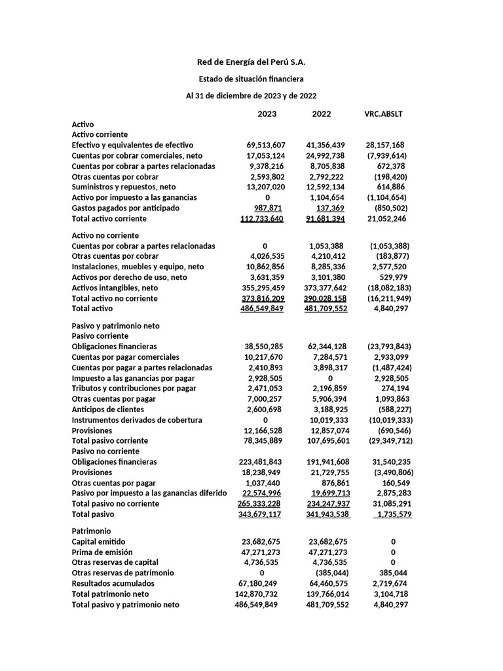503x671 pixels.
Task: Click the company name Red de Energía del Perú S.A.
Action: pos(251,62)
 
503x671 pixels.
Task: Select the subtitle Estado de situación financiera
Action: pos(251,79)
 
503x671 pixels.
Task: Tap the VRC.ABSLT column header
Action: pos(384,114)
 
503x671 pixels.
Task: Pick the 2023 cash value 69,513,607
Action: pos(266,145)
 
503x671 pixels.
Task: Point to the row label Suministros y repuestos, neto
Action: pos(124,187)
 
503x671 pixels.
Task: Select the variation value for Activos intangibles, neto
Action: pos(390,288)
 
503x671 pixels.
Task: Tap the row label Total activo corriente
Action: pos(109,218)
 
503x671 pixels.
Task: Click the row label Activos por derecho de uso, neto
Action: pos(129,277)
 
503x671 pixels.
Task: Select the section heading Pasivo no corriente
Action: pos(105,451)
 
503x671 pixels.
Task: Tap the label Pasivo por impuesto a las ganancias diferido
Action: pos(149,493)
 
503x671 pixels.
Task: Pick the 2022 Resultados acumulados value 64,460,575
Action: pos(327,583)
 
